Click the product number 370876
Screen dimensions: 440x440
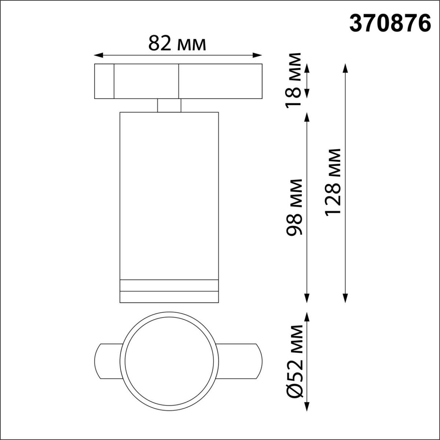coord(389,24)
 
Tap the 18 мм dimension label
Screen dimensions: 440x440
coord(295,80)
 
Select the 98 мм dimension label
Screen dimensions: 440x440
coord(295,207)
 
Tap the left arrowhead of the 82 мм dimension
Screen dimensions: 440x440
coord(97,55)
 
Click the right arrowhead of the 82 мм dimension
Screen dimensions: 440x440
coord(259,55)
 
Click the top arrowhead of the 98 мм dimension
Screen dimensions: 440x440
coord(307,115)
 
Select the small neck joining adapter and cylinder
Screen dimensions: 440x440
coord(169,105)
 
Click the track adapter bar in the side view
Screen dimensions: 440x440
coord(178,81)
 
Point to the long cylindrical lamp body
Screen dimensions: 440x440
coord(169,194)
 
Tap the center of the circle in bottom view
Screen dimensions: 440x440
coord(169,361)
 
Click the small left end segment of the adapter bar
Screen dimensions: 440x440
coord(104,81)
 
